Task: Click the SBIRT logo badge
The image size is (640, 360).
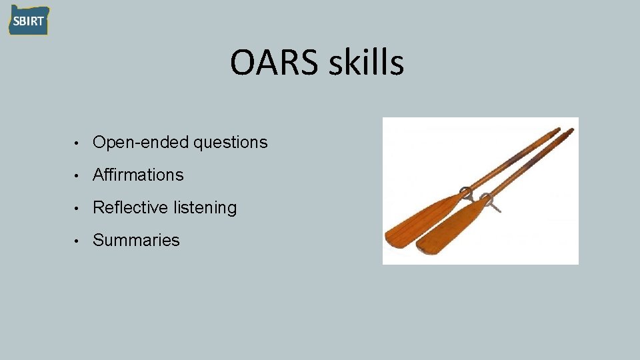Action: [28, 20]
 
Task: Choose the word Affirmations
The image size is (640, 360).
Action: [138, 175]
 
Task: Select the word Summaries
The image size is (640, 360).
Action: [136, 241]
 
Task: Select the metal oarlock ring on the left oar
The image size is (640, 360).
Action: [465, 195]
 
